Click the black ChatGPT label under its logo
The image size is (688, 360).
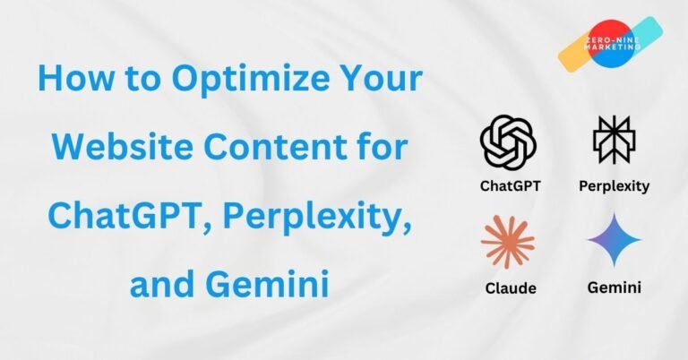tap(509, 187)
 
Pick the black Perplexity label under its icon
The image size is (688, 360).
tap(615, 187)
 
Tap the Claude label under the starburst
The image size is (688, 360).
tap(509, 287)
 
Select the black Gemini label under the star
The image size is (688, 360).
tap(615, 287)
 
